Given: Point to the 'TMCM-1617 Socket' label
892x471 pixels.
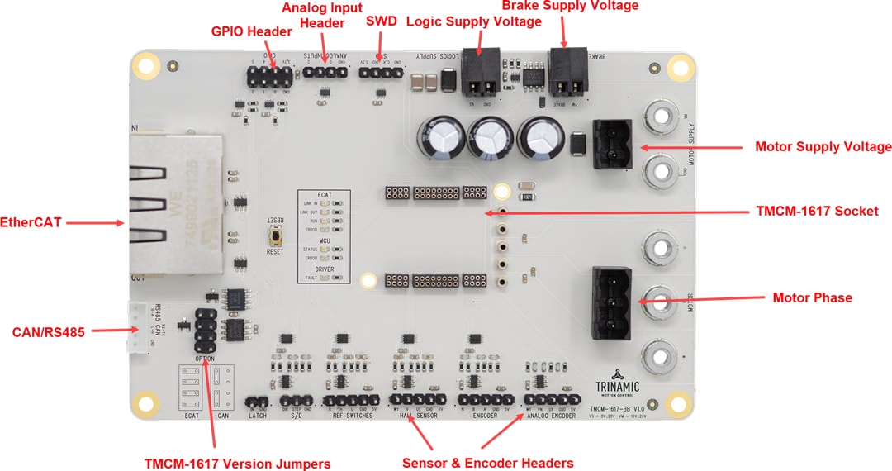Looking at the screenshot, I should pyautogui.click(x=817, y=212).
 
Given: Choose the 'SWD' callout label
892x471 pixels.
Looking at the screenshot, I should pyautogui.click(x=382, y=21).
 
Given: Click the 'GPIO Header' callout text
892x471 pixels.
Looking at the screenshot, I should pyautogui.click(x=252, y=32).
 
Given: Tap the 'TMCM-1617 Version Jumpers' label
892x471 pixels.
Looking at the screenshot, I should pyautogui.click(x=237, y=464).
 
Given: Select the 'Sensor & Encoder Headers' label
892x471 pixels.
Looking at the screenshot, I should pyautogui.click(x=487, y=463).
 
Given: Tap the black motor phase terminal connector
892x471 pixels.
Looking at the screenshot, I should pyautogui.click(x=611, y=298).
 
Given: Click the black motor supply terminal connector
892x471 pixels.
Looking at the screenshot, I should pyautogui.click(x=612, y=144).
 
